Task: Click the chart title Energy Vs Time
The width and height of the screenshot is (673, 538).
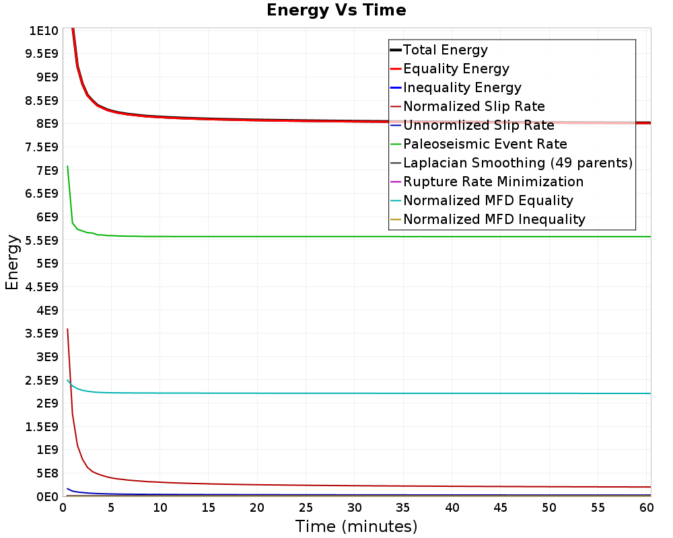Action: pos(336,10)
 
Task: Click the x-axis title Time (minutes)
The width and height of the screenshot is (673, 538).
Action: pos(356,526)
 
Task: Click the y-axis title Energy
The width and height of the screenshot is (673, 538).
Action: pos(11,262)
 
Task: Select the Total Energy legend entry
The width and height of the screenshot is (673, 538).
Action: pos(445,50)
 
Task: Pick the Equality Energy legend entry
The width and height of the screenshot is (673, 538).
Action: pos(456,69)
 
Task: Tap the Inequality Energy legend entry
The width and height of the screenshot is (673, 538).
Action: pos(462,87)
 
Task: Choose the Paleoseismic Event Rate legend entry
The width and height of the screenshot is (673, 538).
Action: pos(485,144)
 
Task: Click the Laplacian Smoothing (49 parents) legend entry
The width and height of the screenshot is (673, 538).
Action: pos(518,163)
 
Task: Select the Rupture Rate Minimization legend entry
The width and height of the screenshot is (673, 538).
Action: pos(493,182)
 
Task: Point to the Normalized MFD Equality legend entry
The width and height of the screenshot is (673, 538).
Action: pos(488,200)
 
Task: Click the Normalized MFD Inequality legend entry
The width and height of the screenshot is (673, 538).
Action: pos(494,219)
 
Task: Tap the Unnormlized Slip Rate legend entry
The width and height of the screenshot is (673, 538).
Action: pos(479,125)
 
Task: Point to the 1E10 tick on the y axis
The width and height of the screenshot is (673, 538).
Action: pos(42,31)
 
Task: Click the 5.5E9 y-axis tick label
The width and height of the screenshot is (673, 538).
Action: pos(40,240)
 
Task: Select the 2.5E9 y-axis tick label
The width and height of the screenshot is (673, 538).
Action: pos(40,380)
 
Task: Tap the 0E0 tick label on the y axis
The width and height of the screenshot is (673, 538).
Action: pos(46,496)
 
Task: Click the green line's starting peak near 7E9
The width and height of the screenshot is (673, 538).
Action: pos(67,165)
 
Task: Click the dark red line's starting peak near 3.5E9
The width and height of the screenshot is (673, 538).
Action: pos(67,329)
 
